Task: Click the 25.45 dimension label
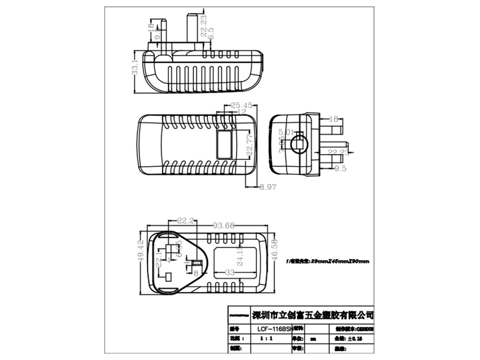coord(241,105)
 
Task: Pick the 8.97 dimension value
coord(268,187)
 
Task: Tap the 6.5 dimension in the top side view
coord(210,33)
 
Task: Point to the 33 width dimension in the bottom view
coord(230,272)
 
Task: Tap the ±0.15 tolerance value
coord(354,338)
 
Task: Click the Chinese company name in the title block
coord(312,315)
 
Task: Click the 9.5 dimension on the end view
coord(340,168)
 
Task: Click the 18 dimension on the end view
coord(334,118)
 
